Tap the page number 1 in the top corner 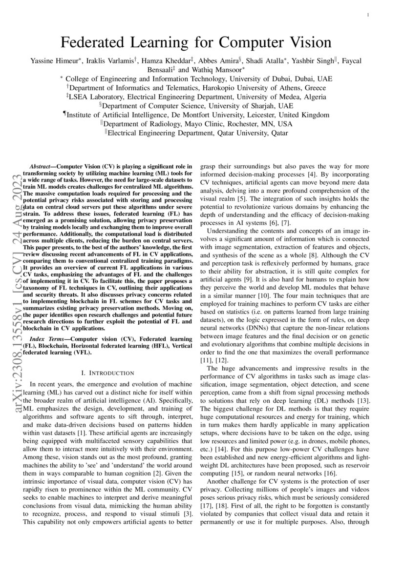[367, 16]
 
